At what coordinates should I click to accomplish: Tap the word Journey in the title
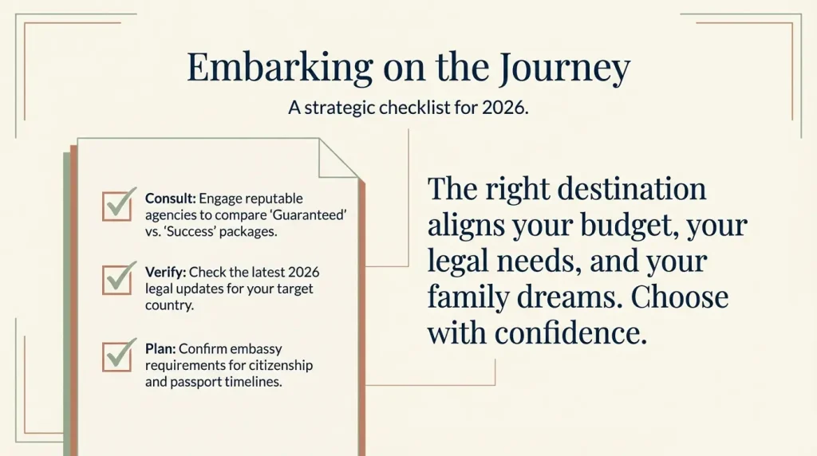pyautogui.click(x=564, y=69)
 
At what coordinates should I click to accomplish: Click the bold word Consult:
pyautogui.click(x=170, y=198)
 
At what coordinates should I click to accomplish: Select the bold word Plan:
pyautogui.click(x=160, y=349)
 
